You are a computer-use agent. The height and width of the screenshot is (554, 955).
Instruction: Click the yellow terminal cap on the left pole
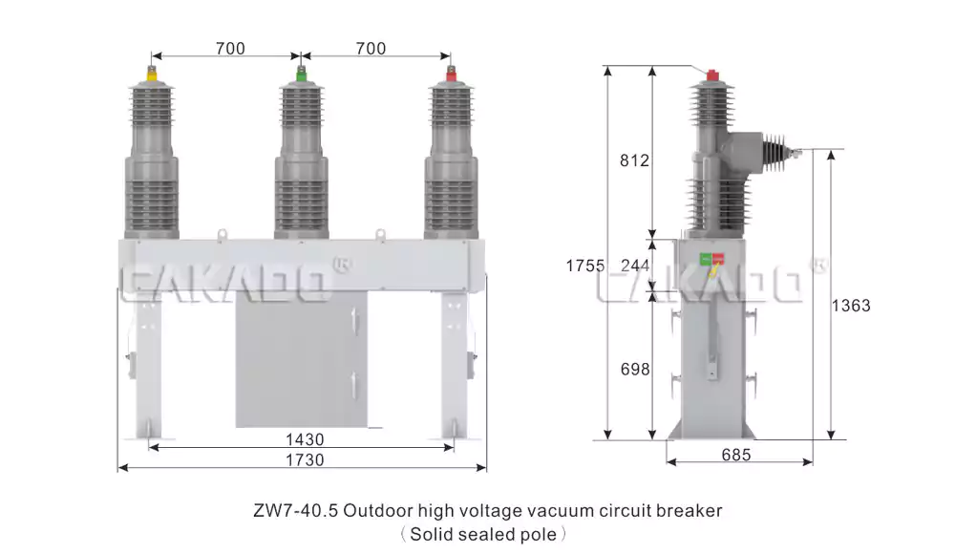pos(152,75)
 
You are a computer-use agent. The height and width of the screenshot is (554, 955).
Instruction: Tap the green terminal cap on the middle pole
pos(301,75)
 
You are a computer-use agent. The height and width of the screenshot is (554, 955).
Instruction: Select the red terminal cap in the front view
pos(450,75)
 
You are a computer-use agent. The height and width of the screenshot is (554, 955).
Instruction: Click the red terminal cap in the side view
pos(712,75)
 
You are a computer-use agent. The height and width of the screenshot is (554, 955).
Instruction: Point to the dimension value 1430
pos(305,438)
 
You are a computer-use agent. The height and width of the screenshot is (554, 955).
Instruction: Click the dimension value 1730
pos(305,459)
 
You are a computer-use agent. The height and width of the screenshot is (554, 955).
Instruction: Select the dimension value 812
pos(634,160)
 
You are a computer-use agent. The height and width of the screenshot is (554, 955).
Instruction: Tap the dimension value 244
pos(635,266)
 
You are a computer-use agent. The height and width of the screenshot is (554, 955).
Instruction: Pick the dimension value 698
pos(635,369)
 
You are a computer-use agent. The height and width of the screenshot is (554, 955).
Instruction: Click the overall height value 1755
pos(585,266)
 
